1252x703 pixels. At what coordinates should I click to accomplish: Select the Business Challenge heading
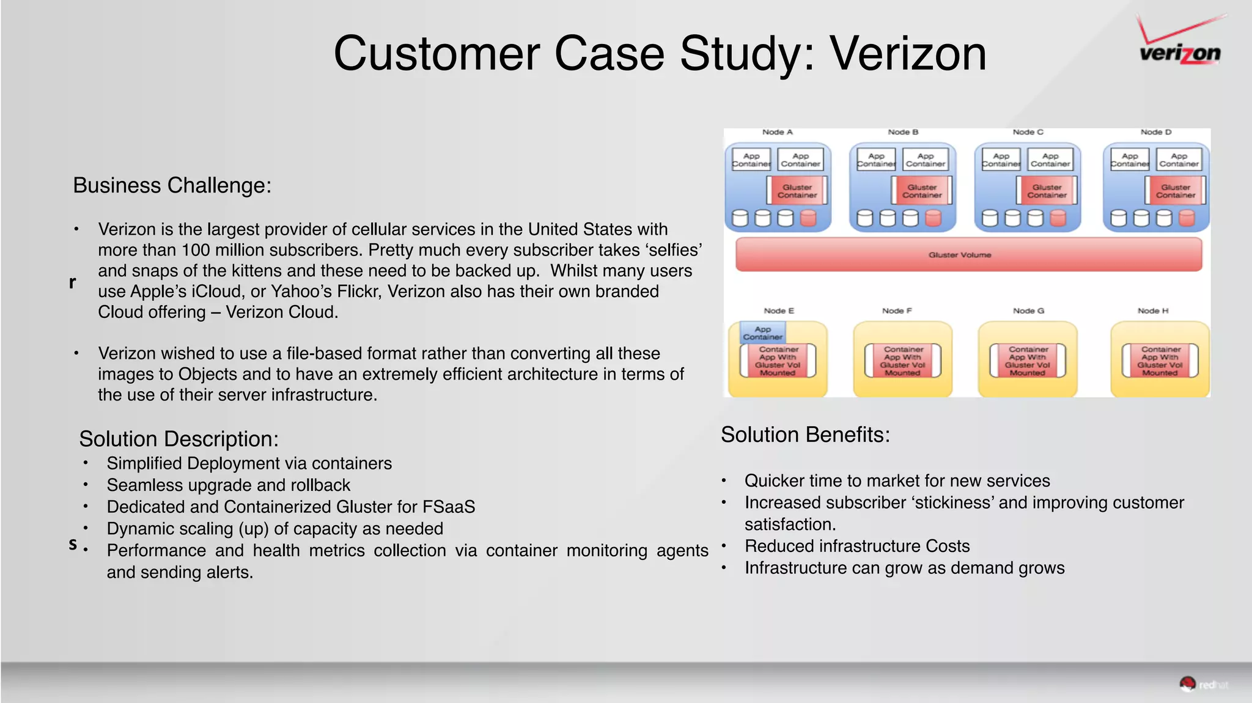pyautogui.click(x=172, y=185)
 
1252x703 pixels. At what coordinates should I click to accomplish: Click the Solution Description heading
pyautogui.click(x=179, y=439)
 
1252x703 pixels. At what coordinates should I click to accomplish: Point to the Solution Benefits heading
pyautogui.click(x=805, y=435)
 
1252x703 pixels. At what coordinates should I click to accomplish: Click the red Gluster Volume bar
pyautogui.click(x=968, y=254)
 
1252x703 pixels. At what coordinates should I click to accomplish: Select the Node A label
pyautogui.click(x=777, y=132)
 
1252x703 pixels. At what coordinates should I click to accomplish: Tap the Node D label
pyautogui.click(x=1155, y=132)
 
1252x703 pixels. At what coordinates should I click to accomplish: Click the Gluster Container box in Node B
pyautogui.click(x=922, y=191)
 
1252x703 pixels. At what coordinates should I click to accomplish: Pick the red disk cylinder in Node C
pyautogui.click(x=1058, y=218)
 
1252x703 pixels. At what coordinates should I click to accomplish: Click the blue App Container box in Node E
pyautogui.click(x=762, y=333)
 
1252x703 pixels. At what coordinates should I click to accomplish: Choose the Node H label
pyautogui.click(x=1152, y=311)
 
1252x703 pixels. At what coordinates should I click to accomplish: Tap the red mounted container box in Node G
pyautogui.click(x=1028, y=361)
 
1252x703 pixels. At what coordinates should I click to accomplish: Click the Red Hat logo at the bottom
pyautogui.click(x=1202, y=684)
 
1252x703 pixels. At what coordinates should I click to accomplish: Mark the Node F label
pyautogui.click(x=896, y=311)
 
